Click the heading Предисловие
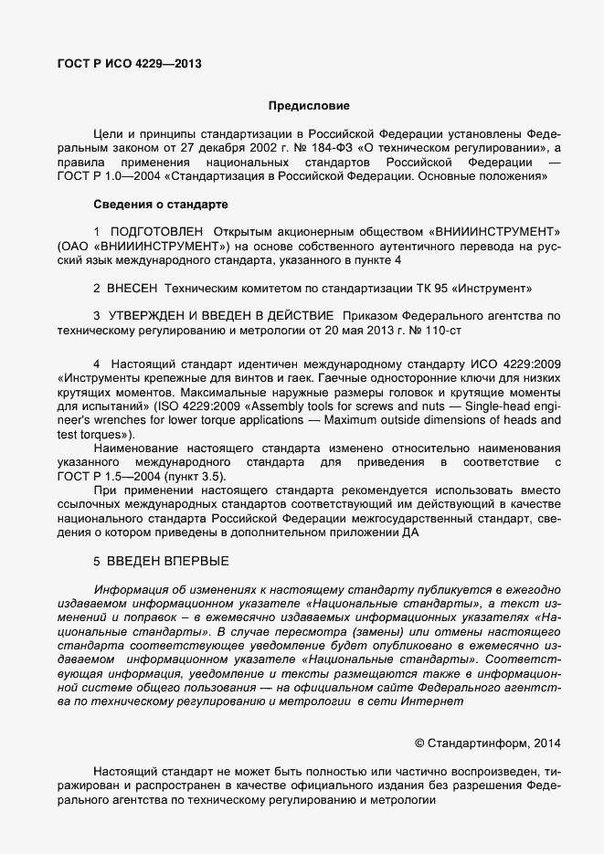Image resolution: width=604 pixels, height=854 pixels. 309,106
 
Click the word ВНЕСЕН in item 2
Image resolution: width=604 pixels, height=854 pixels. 132,288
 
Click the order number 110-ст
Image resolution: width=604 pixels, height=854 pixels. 477,329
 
